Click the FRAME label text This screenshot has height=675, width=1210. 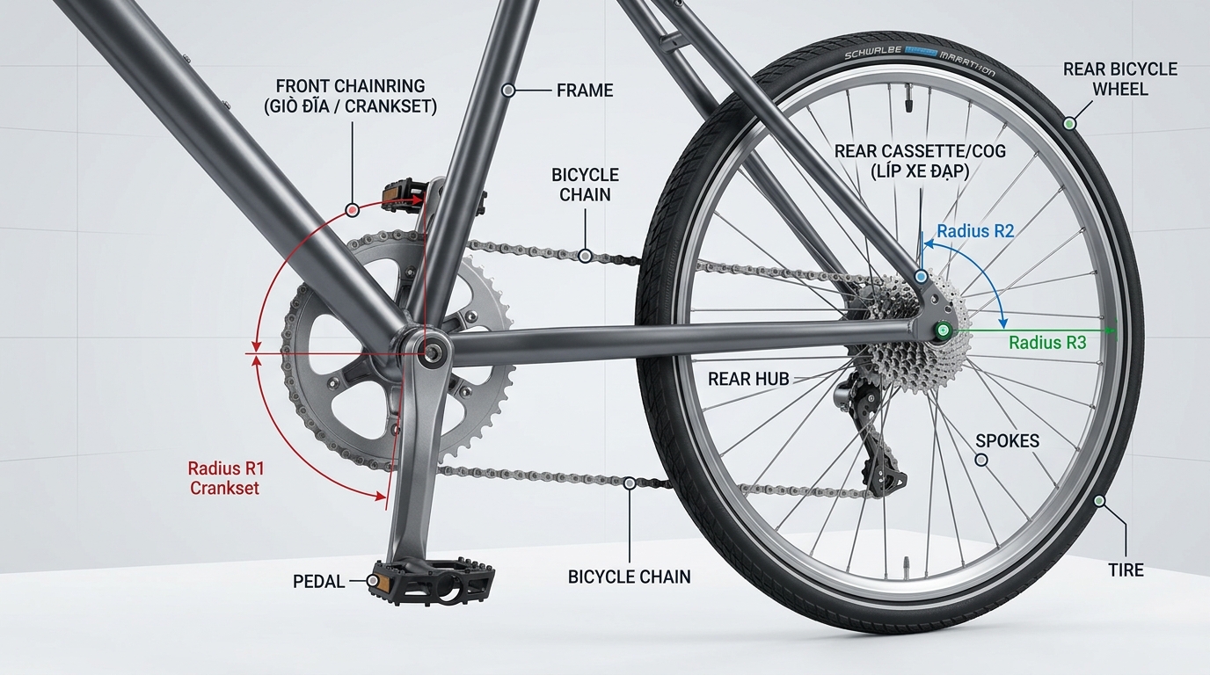[585, 91]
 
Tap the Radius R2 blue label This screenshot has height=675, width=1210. [975, 231]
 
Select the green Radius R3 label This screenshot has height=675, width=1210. [1047, 343]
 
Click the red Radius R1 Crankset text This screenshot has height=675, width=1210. [226, 477]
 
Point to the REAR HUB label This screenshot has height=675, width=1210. [748, 379]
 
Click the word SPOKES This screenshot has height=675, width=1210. [1008, 441]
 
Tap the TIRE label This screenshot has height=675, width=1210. [1126, 570]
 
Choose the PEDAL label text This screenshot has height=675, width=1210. [318, 582]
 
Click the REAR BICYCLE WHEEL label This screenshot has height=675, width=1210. [1119, 79]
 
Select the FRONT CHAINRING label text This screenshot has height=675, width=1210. [351, 96]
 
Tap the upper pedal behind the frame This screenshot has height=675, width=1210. [411, 194]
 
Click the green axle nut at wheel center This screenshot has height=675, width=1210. [944, 330]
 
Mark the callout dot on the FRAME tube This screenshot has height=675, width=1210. [507, 91]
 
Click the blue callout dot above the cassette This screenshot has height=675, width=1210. [922, 277]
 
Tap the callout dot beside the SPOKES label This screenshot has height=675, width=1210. [981, 460]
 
